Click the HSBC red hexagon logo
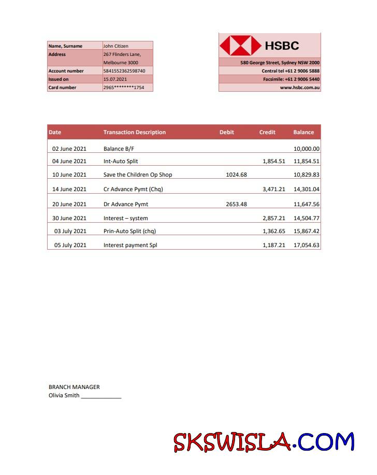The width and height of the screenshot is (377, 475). tap(240, 46)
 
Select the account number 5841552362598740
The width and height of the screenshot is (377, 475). tap(124, 71)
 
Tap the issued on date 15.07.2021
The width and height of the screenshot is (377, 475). tap(115, 79)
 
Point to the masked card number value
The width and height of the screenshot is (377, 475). tap(124, 88)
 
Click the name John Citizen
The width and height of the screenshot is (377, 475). tap(116, 46)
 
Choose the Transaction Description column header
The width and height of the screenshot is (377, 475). tap(135, 132)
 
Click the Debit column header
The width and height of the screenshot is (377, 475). tap(227, 132)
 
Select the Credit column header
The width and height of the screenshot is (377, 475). tap(267, 132)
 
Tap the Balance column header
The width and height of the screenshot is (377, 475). tap(303, 132)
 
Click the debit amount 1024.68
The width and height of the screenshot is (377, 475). tap(237, 175)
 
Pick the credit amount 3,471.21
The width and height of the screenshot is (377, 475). tap(274, 190)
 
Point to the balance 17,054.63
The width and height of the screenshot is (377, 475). tap(307, 246)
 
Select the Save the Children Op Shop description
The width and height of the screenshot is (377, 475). tap(138, 175)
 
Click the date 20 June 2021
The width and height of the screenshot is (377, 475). tap(69, 205)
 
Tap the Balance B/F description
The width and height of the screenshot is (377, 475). tap(119, 149)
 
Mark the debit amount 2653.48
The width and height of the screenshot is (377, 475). tap(237, 205)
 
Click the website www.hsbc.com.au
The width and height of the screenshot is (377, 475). tap(300, 88)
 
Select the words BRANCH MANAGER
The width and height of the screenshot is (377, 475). tap(74, 387)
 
